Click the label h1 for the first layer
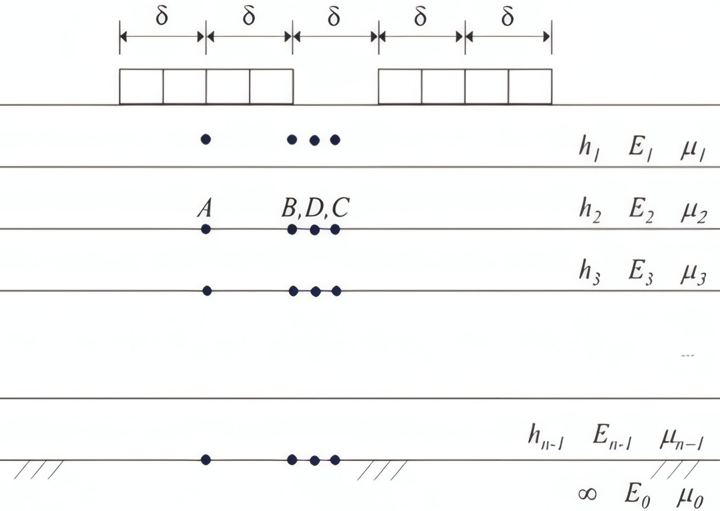coord(589,148)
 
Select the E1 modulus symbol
coord(639,148)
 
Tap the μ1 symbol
coord(692,149)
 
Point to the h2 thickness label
coord(589,210)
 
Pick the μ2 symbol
coord(693,212)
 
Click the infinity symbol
coord(587,494)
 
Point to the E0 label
coord(637,494)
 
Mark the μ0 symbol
coord(690,496)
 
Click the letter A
coord(205,208)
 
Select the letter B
coord(289,208)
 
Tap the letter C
coord(340,208)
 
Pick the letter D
coord(314,208)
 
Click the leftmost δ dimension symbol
coord(162,17)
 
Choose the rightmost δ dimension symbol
coord(507,17)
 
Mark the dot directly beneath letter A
coord(206,230)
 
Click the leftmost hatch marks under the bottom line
coord(38,469)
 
